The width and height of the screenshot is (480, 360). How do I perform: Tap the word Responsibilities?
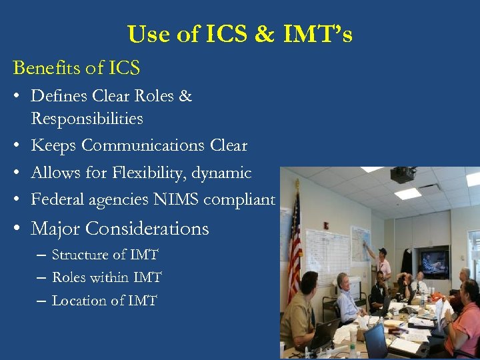[x=87, y=119]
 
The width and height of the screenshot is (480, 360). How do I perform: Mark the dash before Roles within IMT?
[x=41, y=278]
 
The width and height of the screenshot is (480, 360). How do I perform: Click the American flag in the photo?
[x=294, y=247]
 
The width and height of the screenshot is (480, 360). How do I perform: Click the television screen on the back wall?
[x=433, y=262]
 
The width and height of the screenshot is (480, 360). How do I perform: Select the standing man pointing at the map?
[x=382, y=267]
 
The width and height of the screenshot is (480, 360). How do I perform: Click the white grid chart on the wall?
[x=326, y=257]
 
